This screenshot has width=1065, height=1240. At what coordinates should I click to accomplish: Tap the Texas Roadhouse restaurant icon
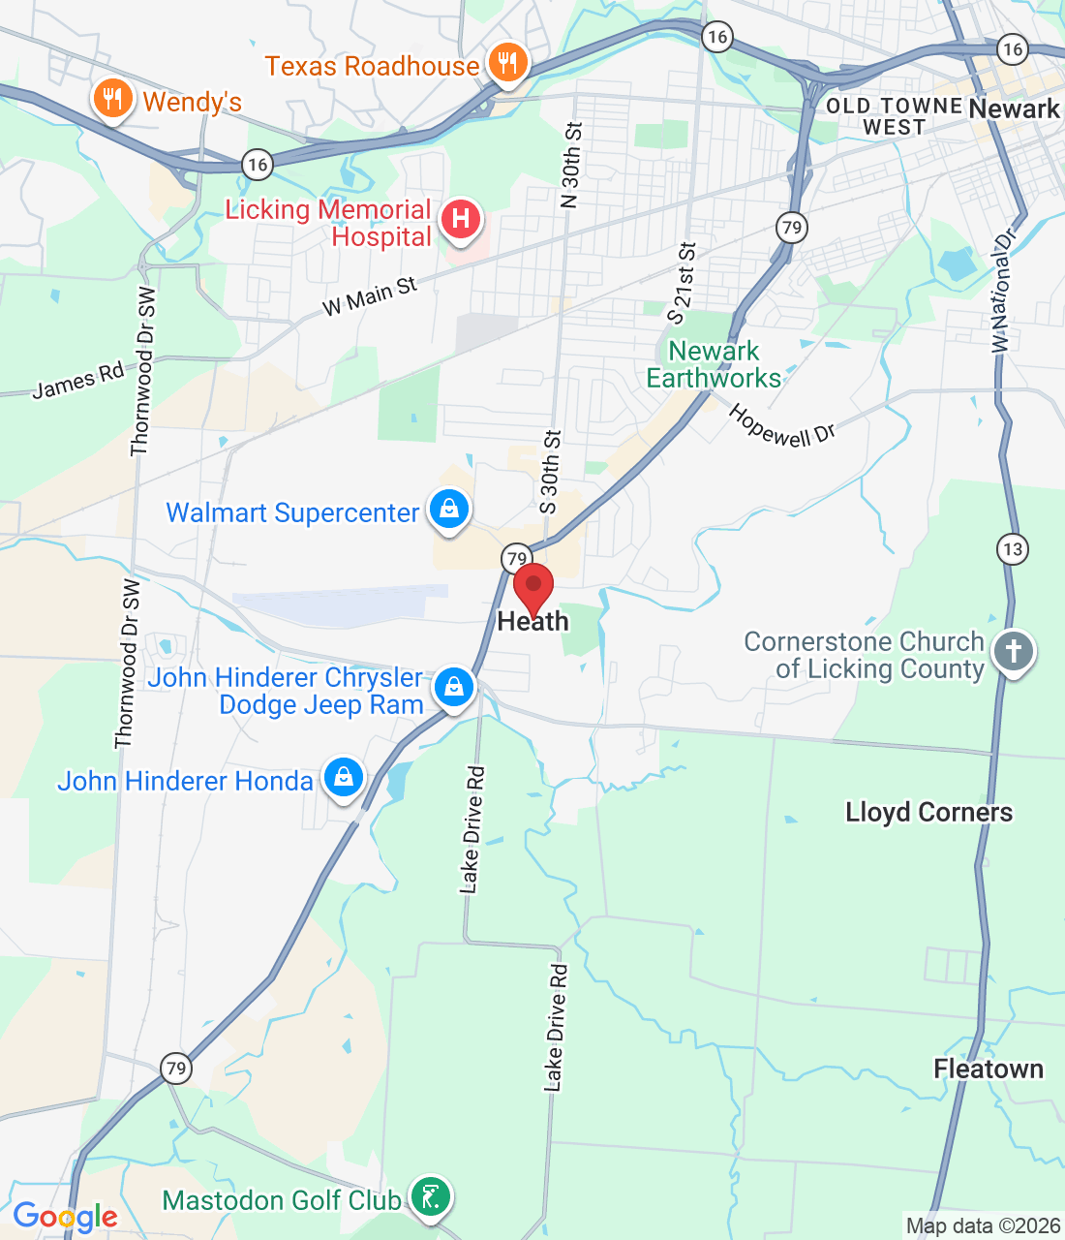pyautogui.click(x=506, y=64)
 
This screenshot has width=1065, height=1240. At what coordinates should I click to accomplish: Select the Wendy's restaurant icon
pyautogui.click(x=113, y=99)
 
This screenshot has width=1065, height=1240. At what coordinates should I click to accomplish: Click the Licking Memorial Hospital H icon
pyautogui.click(x=461, y=219)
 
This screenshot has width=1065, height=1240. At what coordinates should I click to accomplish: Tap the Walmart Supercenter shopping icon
pyautogui.click(x=449, y=510)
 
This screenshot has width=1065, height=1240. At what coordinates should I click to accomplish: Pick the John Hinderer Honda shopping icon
pyautogui.click(x=343, y=778)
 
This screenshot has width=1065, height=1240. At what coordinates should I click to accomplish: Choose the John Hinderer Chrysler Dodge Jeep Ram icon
pyautogui.click(x=453, y=687)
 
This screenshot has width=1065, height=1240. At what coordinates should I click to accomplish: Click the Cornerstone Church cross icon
pyautogui.click(x=1014, y=651)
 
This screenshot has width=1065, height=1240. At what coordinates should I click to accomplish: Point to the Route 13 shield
pyautogui.click(x=1012, y=549)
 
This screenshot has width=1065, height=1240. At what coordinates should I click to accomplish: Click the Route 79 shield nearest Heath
pyautogui.click(x=517, y=558)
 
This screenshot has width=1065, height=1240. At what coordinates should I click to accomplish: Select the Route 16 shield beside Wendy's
pyautogui.click(x=257, y=165)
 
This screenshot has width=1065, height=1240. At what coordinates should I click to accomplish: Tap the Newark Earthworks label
pyautogui.click(x=714, y=364)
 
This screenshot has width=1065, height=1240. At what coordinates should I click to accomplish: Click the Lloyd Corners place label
pyautogui.click(x=928, y=812)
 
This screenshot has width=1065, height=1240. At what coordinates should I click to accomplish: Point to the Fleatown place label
pyautogui.click(x=989, y=1069)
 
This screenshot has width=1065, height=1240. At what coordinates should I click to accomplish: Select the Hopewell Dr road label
pyautogui.click(x=780, y=425)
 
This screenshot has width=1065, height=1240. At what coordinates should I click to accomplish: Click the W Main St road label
pyautogui.click(x=369, y=296)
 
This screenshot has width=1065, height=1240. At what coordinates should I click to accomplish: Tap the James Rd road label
pyautogui.click(x=78, y=380)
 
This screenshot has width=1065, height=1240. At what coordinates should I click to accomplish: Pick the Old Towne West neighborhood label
pyautogui.click(x=894, y=116)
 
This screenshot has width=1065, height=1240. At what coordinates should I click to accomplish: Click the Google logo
pyautogui.click(x=65, y=1217)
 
